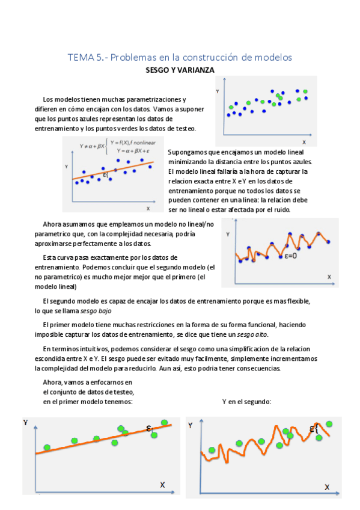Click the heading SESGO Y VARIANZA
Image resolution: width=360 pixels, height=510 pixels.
(x=180, y=70)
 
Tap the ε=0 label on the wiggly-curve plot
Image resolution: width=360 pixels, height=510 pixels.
(x=291, y=256)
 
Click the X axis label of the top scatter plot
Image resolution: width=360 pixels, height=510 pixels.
(x=304, y=143)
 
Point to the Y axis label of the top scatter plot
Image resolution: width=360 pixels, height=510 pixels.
(x=218, y=91)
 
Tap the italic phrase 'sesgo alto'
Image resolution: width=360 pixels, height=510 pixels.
(x=252, y=334)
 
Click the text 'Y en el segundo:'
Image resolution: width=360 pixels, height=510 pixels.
(x=246, y=402)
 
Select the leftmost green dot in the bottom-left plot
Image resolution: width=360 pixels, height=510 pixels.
(x=47, y=448)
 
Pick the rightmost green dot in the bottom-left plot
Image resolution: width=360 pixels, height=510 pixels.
(x=164, y=423)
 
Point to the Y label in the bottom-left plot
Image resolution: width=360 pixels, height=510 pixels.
(x=26, y=423)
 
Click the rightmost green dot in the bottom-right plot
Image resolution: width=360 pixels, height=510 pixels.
(x=329, y=424)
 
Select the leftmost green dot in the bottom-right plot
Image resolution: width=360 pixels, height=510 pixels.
(x=212, y=450)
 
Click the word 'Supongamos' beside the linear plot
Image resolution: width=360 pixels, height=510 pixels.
(x=185, y=152)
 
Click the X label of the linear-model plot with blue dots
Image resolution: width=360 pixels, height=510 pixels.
(x=148, y=208)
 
